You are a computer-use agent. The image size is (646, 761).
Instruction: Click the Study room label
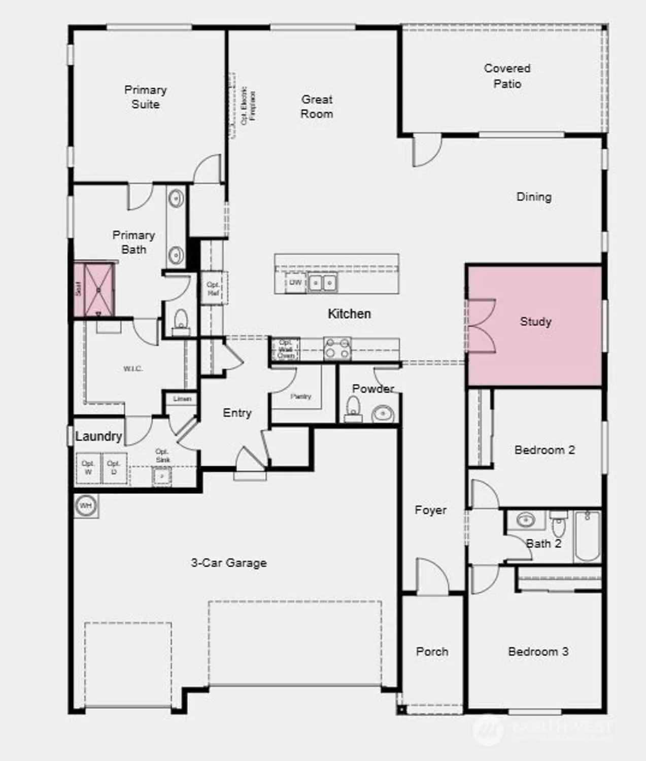pyautogui.click(x=535, y=322)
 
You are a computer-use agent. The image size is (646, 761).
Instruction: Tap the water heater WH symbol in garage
pyautogui.click(x=86, y=506)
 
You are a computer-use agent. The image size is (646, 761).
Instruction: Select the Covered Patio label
pyautogui.click(x=507, y=76)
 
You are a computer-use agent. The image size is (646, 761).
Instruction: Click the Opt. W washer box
pyautogui.click(x=88, y=468)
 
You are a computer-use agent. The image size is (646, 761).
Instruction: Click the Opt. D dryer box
pyautogui.click(x=114, y=468)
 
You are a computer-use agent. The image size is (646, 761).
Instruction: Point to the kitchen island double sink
pyautogui.click(x=322, y=282)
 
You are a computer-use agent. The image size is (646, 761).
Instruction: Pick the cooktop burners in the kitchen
pyautogui.click(x=337, y=349)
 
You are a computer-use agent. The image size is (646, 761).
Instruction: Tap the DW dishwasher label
pyautogui.click(x=295, y=283)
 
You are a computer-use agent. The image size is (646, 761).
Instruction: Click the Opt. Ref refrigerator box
pyautogui.click(x=213, y=288)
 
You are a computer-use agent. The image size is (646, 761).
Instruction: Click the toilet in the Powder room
pyautogui.click(x=353, y=409)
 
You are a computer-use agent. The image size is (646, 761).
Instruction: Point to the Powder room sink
pyautogui.click(x=383, y=414)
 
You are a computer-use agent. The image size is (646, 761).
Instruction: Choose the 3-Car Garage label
pyautogui.click(x=229, y=563)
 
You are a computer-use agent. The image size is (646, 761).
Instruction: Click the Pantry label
pyautogui.click(x=300, y=396)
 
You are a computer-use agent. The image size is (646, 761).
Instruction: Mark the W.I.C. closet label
pyautogui.click(x=133, y=369)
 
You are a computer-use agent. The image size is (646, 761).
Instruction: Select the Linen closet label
pyautogui.click(x=182, y=399)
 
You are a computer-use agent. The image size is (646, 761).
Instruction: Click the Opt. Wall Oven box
pyautogui.click(x=286, y=349)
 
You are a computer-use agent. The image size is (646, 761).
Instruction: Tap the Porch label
pyautogui.click(x=432, y=651)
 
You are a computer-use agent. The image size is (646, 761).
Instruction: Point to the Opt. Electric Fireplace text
pyautogui.click(x=248, y=106)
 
